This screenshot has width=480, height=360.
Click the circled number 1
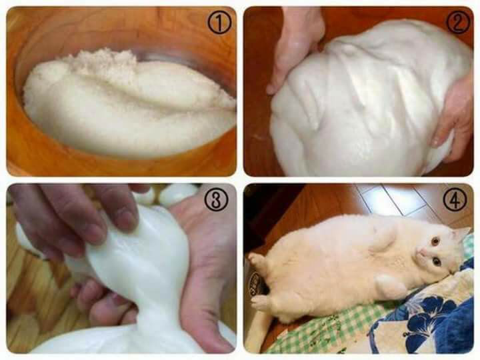point(219,23)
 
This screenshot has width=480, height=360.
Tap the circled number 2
point(458,23)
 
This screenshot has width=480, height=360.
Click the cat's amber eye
point(435,241)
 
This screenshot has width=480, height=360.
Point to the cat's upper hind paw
point(257,259)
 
